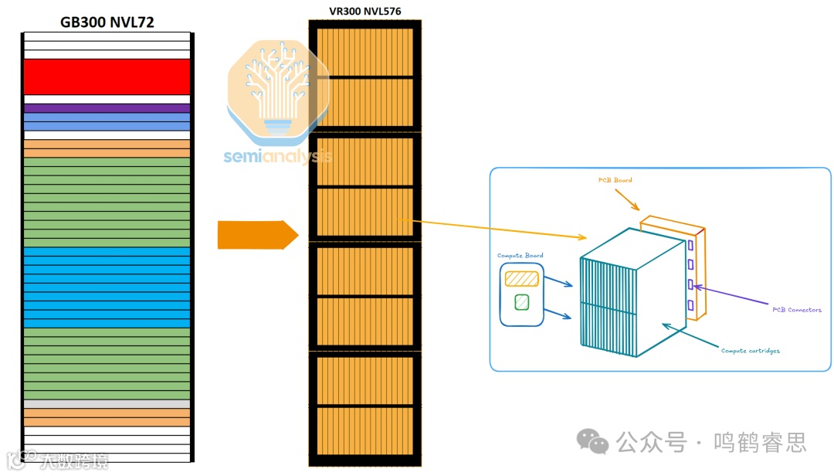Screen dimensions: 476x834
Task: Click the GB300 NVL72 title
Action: tap(107, 22)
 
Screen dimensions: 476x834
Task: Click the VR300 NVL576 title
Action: tap(364, 11)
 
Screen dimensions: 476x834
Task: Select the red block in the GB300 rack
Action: tap(107, 76)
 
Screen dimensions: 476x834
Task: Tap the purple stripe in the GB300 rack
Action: tap(107, 108)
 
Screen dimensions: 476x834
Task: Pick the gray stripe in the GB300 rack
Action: tap(107, 404)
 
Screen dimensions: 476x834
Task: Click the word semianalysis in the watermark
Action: tap(278, 156)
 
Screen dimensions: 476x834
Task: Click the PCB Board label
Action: tap(615, 180)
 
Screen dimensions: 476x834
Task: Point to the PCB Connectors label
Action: tap(796, 310)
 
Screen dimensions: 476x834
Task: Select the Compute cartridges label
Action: tap(750, 351)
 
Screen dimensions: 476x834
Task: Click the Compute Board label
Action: tap(520, 256)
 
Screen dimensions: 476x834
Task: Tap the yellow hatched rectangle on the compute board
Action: tap(521, 278)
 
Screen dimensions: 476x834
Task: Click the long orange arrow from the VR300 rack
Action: tap(494, 229)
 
